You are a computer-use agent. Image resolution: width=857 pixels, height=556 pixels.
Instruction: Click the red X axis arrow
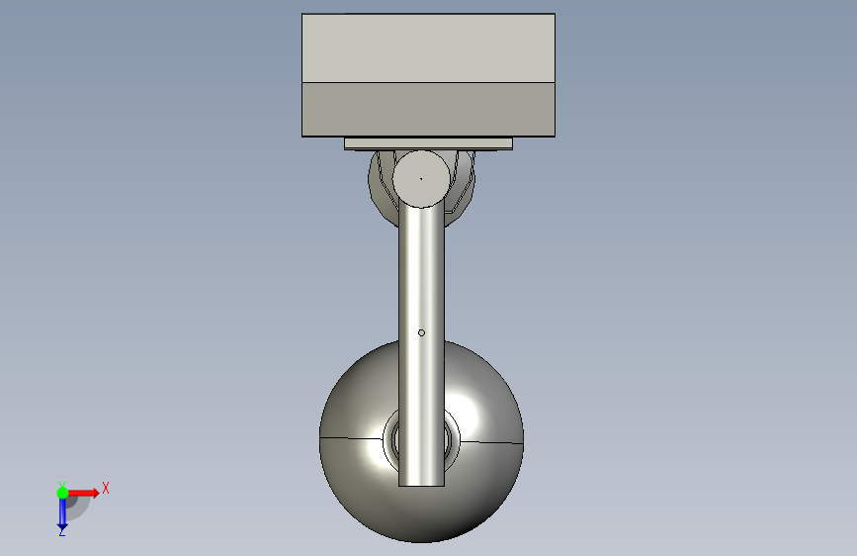(83, 493)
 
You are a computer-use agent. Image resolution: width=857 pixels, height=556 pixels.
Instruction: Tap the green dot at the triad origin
(62, 493)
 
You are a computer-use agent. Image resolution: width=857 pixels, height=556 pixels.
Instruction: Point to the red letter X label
(106, 488)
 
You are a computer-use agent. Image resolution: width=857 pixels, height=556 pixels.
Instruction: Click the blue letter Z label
(61, 531)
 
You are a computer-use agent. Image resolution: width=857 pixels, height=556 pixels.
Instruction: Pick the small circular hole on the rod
(421, 332)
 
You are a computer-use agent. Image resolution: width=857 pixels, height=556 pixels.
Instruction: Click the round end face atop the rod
(421, 179)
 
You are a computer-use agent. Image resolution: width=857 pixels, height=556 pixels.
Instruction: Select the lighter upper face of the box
(429, 48)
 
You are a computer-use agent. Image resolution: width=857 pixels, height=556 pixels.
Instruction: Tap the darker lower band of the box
(429, 110)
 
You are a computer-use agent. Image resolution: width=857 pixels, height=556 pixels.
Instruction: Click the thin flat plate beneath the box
(429, 143)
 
